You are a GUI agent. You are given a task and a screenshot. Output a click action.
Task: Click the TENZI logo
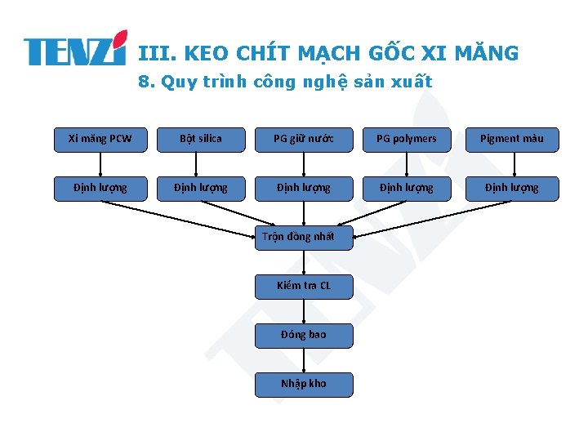pyautogui.click(x=75, y=49)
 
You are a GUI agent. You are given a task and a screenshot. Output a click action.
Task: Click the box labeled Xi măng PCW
pyautogui.click(x=100, y=139)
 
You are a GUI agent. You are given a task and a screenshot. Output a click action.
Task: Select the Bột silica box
pyautogui.click(x=201, y=139)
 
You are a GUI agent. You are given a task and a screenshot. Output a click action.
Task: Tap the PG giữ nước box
pyautogui.click(x=303, y=139)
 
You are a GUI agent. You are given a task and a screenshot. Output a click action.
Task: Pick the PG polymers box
pyautogui.click(x=406, y=139)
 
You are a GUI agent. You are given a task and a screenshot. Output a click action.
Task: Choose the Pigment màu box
pyautogui.click(x=511, y=139)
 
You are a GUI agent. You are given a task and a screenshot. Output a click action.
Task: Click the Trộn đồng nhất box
pyautogui.click(x=303, y=237)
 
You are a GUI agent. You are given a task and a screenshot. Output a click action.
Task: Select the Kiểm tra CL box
pyautogui.click(x=303, y=286)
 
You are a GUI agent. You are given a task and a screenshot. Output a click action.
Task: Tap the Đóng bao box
pyautogui.click(x=303, y=335)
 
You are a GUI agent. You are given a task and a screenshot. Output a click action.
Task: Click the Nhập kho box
pyautogui.click(x=303, y=384)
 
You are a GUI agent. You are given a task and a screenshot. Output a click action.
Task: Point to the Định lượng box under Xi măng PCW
pyautogui.click(x=100, y=188)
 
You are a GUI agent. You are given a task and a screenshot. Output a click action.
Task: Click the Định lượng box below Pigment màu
pyautogui.click(x=511, y=188)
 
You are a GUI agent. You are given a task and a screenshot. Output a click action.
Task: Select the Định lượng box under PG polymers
pyautogui.click(x=406, y=188)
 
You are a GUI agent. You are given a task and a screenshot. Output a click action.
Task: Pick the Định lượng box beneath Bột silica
pyautogui.click(x=201, y=188)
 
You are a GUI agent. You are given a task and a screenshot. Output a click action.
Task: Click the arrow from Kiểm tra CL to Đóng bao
pyautogui.click(x=304, y=310)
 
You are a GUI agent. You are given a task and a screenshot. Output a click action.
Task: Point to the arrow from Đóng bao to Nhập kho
pyautogui.click(x=304, y=359)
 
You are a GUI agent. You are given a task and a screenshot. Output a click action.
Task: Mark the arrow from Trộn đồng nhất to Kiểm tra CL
pyautogui.click(x=304, y=261)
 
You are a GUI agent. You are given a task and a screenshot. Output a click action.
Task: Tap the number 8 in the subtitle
pyautogui.click(x=145, y=82)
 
